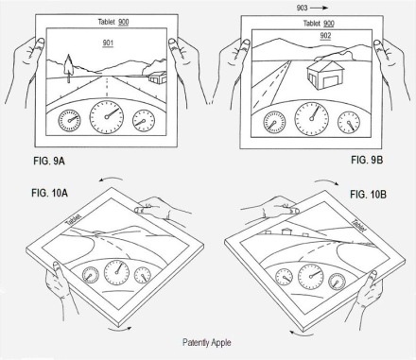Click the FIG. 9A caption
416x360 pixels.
click(x=49, y=161)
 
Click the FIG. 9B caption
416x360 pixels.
click(x=367, y=160)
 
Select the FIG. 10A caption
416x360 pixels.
click(x=49, y=193)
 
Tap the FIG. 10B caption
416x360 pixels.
click(x=368, y=195)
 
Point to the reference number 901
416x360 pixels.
click(x=108, y=43)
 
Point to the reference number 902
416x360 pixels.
click(x=325, y=36)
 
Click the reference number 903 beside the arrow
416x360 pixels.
click(x=302, y=8)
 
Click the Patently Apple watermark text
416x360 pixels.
click(x=207, y=343)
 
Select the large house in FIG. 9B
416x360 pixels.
click(x=325, y=76)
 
